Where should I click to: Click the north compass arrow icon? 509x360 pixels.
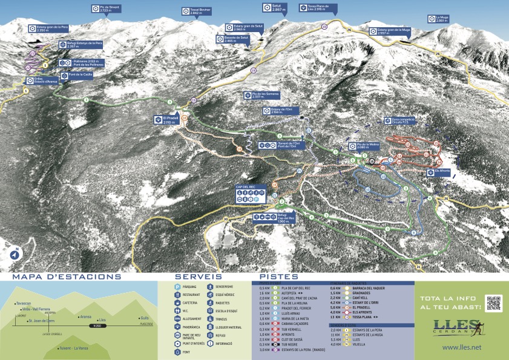tap(15, 254)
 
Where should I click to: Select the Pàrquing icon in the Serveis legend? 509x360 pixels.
tap(178, 287)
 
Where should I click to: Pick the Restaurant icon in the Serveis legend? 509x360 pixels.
tap(178, 295)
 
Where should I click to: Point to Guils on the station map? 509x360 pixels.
tap(143, 318)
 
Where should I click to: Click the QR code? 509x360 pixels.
tap(493, 303)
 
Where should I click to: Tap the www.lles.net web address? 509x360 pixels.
tap(461, 347)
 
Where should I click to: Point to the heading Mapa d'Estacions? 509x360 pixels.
tap(67, 277)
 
